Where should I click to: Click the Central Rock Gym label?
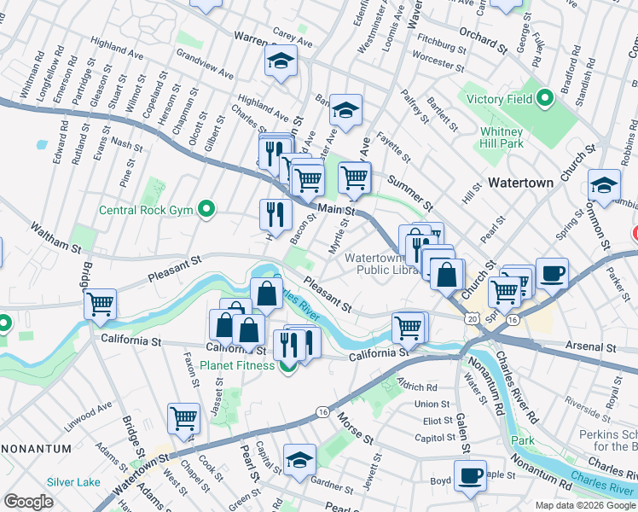(147, 209)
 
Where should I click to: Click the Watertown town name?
(521, 183)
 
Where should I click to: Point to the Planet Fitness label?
(238, 366)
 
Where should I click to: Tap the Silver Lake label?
(74, 481)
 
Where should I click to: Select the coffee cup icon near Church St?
(552, 273)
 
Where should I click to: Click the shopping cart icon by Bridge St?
(101, 303)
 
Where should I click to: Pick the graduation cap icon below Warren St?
(280, 61)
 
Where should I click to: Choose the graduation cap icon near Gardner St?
(299, 459)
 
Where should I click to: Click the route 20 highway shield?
(472, 318)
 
